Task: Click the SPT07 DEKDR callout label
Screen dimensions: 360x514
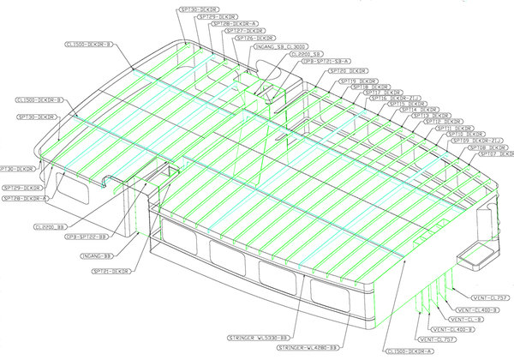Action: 489,155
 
